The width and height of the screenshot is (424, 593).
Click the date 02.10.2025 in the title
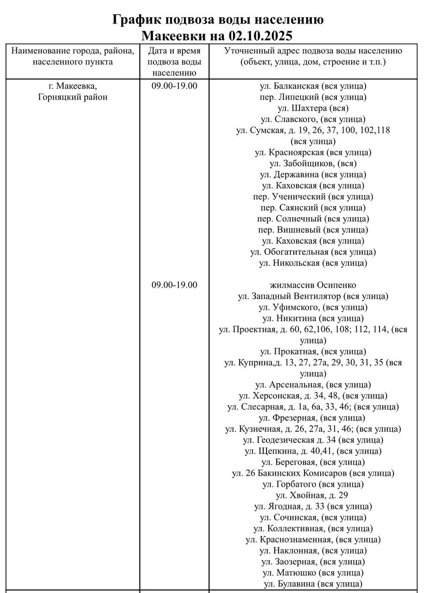[261, 35]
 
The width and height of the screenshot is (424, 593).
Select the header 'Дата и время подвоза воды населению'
[174, 62]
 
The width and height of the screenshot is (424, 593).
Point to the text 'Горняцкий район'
[73, 97]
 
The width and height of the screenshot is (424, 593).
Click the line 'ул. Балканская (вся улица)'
[313, 86]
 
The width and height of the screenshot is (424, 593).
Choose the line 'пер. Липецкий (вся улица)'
[313, 97]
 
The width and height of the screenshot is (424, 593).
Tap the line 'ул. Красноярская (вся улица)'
[313, 152]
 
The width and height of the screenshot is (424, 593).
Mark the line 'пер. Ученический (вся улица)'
[313, 196]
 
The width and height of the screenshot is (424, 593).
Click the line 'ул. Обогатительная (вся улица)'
[313, 252]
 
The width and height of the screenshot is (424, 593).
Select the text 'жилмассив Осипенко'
[313, 285]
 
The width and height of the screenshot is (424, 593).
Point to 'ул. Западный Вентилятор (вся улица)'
[313, 296]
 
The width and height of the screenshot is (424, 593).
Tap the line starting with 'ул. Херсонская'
[313, 396]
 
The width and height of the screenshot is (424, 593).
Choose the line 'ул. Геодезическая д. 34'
[313, 440]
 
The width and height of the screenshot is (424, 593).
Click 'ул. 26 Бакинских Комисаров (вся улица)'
[313, 473]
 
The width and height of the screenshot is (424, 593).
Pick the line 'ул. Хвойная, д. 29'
[313, 495]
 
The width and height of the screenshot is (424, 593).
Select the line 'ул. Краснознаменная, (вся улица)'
[313, 540]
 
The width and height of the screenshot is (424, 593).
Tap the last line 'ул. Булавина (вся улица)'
[313, 584]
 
